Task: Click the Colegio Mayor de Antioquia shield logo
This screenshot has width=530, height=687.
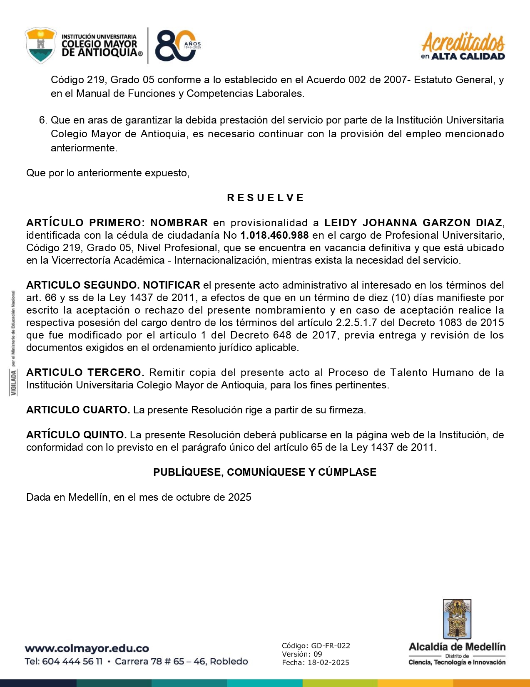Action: tap(40, 45)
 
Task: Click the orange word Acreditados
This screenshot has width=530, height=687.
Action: tap(463, 42)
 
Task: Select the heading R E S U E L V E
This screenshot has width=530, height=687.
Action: tap(265, 198)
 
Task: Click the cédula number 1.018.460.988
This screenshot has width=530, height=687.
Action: tap(274, 235)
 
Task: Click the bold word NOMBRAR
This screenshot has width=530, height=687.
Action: tap(179, 223)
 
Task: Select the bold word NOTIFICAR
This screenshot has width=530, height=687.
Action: tap(172, 285)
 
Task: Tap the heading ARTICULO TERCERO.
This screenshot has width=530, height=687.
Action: tap(85, 373)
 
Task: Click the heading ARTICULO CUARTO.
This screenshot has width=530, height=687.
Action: tap(78, 410)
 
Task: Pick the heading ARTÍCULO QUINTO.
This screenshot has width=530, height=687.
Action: tap(76, 435)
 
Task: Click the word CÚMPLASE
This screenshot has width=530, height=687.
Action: tap(347, 472)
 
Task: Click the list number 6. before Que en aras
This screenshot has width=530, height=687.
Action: tap(43, 120)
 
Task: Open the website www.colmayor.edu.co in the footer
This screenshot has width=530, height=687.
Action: tap(87, 648)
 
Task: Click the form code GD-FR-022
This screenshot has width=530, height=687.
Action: tap(331, 646)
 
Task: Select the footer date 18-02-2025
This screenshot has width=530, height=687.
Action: tap(328, 662)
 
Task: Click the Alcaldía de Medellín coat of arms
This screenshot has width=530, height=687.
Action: tap(457, 619)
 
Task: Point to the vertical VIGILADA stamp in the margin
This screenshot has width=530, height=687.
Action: tap(14, 383)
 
